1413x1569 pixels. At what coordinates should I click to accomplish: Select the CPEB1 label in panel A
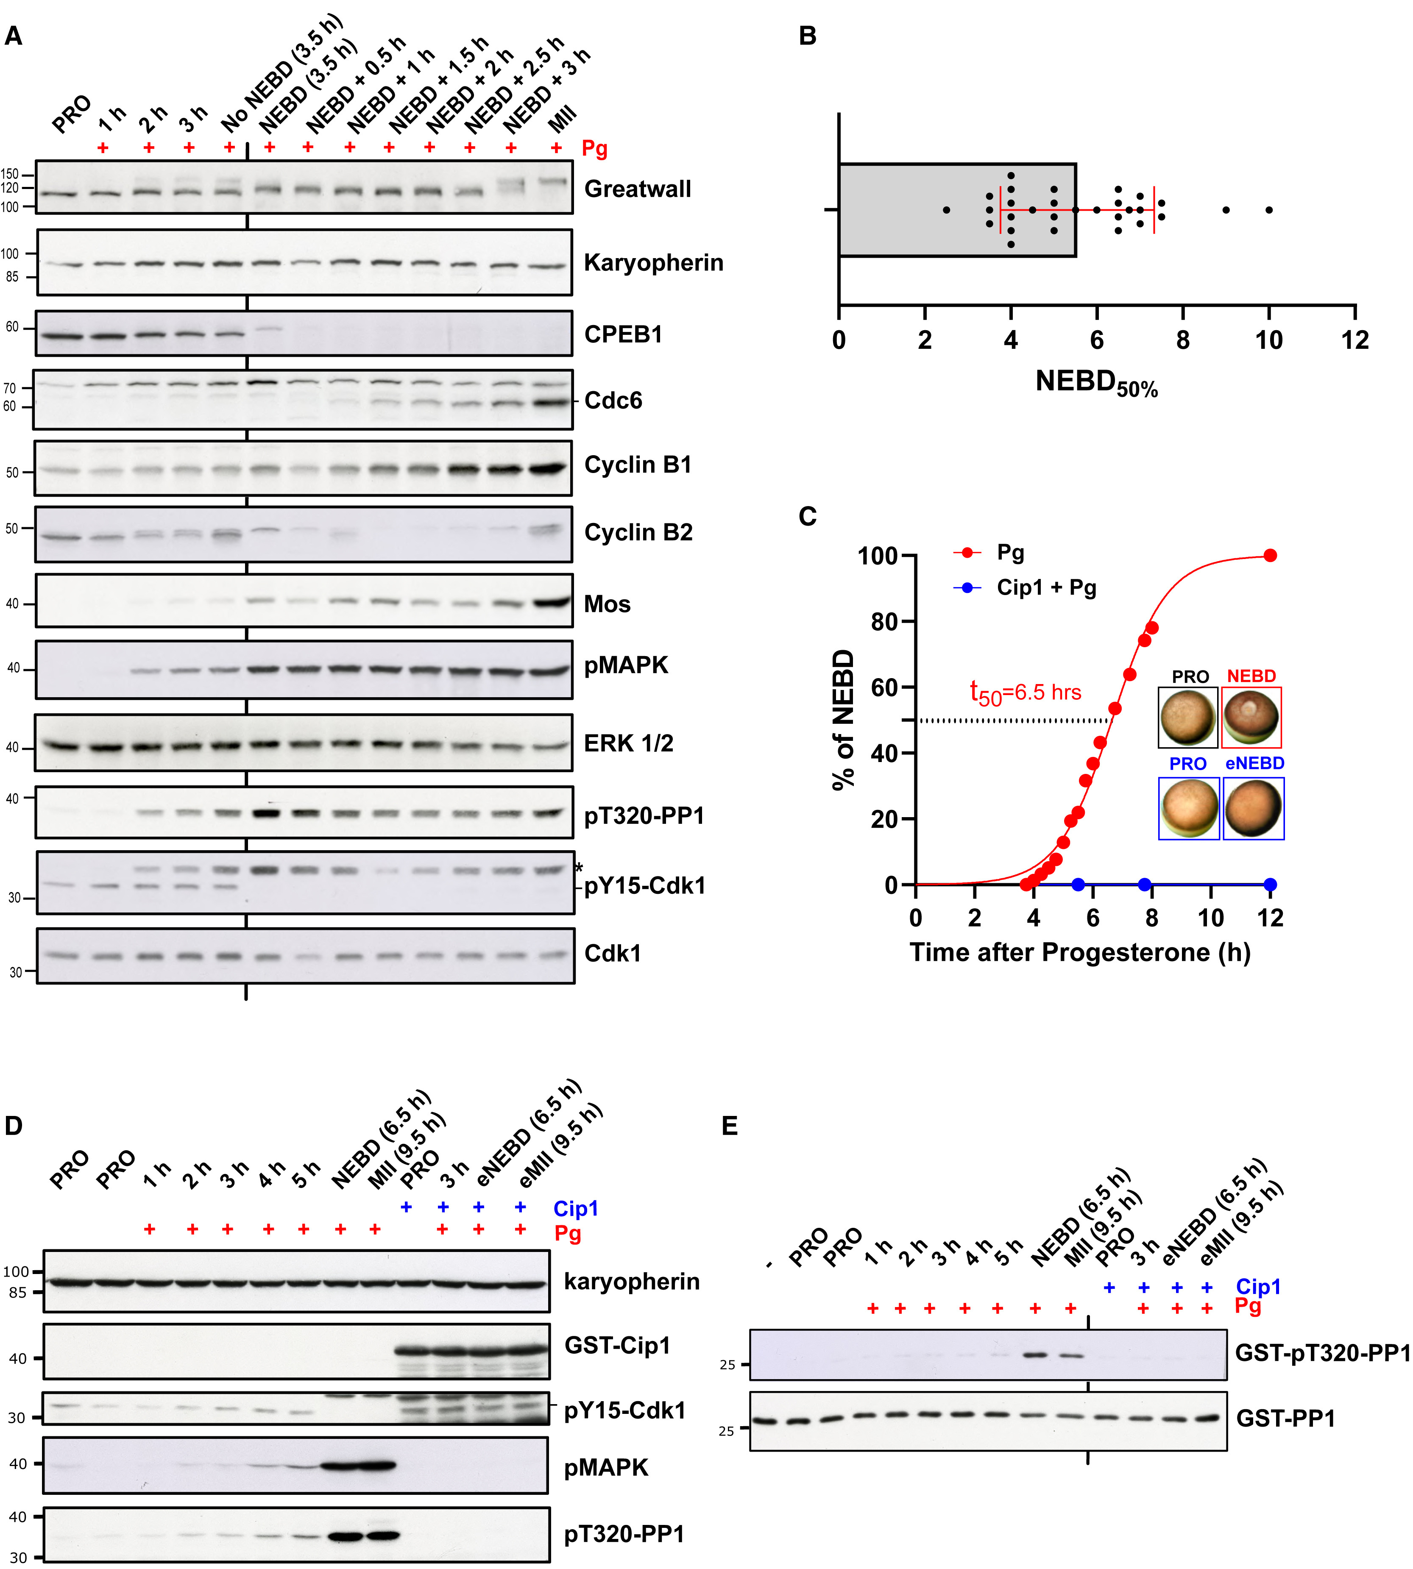(x=623, y=334)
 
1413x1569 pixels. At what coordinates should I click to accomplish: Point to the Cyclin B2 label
(x=638, y=532)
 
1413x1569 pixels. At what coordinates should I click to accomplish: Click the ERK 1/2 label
(x=628, y=743)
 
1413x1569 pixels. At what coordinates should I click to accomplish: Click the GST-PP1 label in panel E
(x=1285, y=1419)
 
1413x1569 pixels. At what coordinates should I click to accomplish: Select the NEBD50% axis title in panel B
(x=1096, y=383)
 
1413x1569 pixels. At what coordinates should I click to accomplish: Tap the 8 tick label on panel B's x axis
(x=1182, y=340)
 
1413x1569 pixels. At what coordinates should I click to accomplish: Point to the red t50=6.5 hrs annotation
(x=1025, y=692)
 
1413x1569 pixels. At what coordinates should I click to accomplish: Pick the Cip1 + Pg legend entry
(x=1046, y=587)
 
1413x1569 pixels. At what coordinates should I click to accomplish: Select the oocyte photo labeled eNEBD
(x=1253, y=809)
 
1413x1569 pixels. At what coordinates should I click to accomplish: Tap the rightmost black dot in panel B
(x=1268, y=209)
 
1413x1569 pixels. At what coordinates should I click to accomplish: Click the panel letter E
(x=730, y=1126)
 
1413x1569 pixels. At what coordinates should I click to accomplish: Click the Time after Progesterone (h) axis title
(x=1080, y=952)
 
